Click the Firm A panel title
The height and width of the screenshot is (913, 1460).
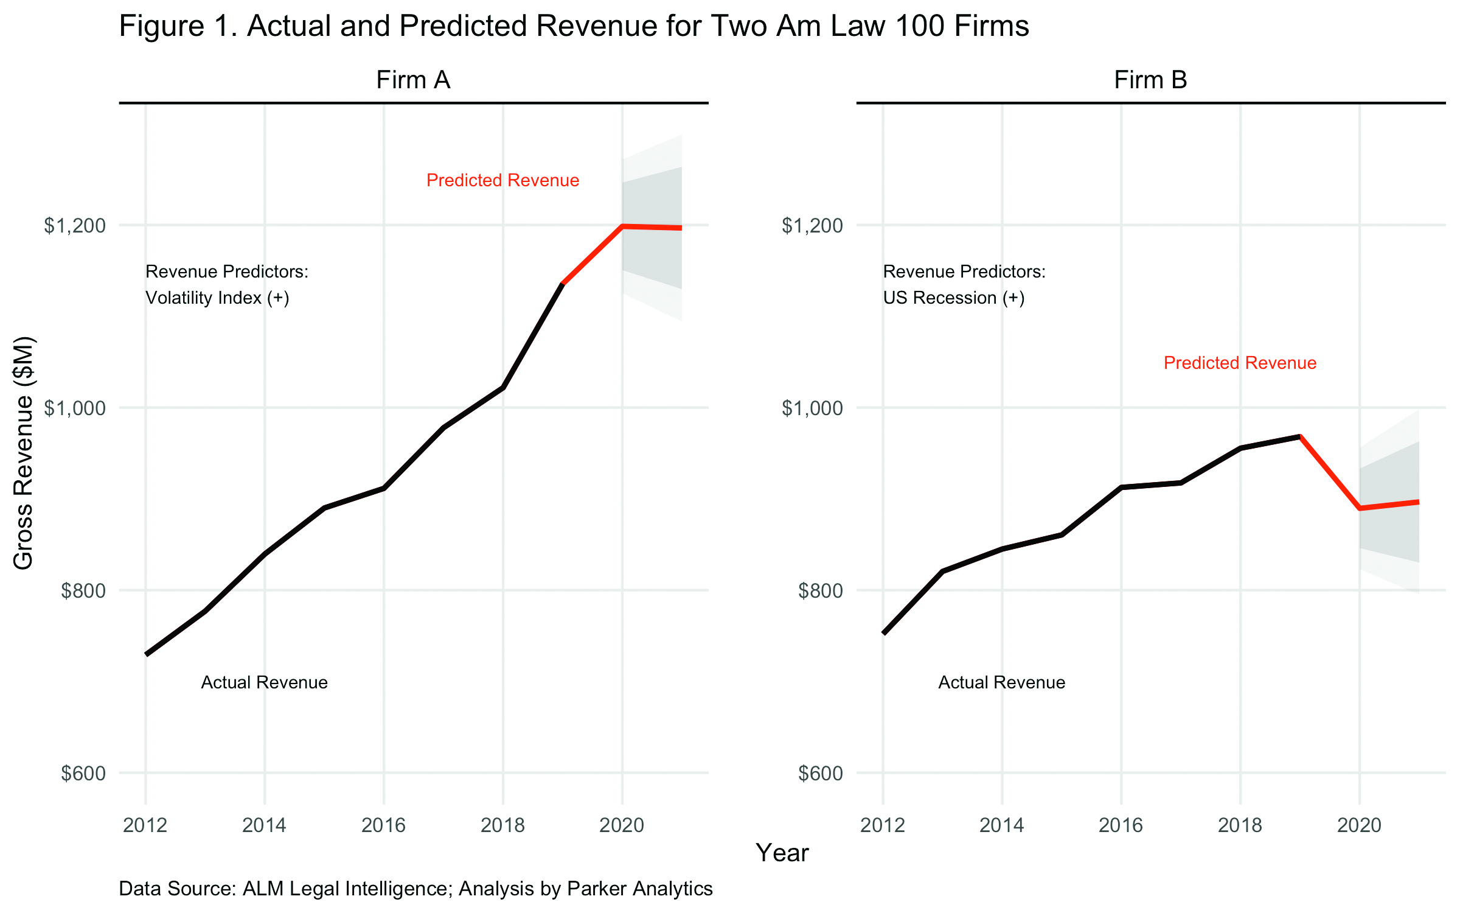click(x=413, y=80)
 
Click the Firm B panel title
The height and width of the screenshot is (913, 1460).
click(x=1150, y=80)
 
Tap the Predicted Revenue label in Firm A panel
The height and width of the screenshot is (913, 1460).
click(x=502, y=180)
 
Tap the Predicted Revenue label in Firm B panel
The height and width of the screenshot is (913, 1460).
click(x=1240, y=363)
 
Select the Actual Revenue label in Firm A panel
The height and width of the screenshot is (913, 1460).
click(x=264, y=682)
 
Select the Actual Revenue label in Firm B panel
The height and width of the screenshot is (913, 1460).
click(x=1001, y=682)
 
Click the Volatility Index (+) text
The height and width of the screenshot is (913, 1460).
click(x=217, y=298)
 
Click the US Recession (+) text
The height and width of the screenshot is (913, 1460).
click(x=954, y=298)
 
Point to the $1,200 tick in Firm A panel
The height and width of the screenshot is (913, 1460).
click(x=75, y=226)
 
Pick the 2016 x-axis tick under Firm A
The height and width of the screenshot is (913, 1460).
click(x=383, y=825)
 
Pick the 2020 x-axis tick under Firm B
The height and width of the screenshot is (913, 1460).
click(x=1359, y=825)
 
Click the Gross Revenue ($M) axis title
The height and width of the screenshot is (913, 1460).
click(x=24, y=453)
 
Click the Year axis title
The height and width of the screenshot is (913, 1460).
click(x=782, y=853)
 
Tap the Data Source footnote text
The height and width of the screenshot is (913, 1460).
click(x=415, y=889)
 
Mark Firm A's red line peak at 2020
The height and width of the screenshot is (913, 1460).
click(x=622, y=226)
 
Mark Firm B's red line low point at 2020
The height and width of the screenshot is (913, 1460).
click(x=1360, y=508)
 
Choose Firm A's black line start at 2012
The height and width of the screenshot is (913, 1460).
click(x=146, y=654)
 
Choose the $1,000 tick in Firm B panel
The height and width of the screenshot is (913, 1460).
click(x=812, y=408)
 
